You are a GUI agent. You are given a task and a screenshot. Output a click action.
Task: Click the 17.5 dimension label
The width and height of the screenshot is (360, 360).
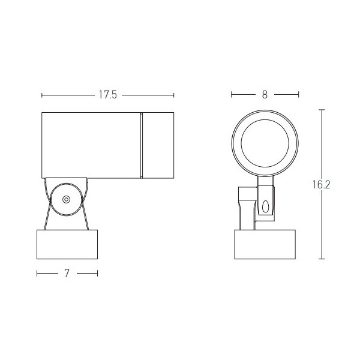(x=108, y=95)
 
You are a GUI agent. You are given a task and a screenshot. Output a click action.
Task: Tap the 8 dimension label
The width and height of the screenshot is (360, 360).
(x=265, y=95)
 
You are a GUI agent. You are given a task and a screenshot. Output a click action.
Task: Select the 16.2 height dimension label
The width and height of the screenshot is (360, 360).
(x=322, y=185)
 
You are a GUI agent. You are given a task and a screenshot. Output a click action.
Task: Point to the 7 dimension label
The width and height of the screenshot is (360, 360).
(x=67, y=273)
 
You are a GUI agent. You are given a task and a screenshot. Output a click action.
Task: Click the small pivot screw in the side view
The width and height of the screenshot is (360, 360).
(x=66, y=199)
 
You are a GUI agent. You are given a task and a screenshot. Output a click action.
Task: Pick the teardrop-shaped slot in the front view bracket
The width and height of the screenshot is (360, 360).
(x=265, y=206)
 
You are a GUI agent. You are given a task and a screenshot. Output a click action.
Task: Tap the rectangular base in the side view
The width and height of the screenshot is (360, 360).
(x=67, y=244)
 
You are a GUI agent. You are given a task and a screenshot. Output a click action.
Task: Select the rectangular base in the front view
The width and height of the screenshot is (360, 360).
(x=265, y=244)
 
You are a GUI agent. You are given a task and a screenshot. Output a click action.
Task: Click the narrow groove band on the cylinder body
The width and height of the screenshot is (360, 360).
(x=142, y=145)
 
